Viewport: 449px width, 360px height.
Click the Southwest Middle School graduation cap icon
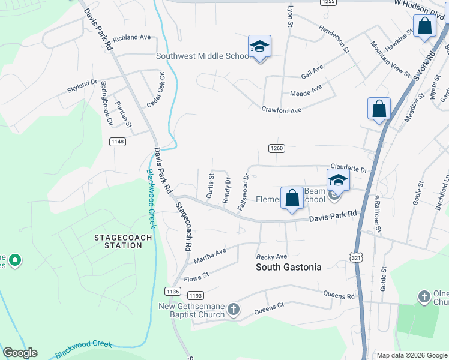[x=259, y=46]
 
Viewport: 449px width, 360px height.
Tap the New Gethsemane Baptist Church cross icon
[x=233, y=310]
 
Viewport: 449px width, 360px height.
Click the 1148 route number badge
[x=118, y=142]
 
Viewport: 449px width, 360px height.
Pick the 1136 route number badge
[x=172, y=291]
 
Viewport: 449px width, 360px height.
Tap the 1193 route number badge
[x=196, y=295]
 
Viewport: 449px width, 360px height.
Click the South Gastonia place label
[x=289, y=267]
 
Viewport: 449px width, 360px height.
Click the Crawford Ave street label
[x=281, y=110]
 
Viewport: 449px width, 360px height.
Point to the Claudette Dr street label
[x=348, y=170]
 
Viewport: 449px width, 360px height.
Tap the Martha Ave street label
[x=209, y=256]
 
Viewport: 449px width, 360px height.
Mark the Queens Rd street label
[x=339, y=295]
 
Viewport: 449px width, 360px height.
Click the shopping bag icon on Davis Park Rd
[x=292, y=197]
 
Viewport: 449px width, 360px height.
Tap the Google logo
[x=20, y=353]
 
